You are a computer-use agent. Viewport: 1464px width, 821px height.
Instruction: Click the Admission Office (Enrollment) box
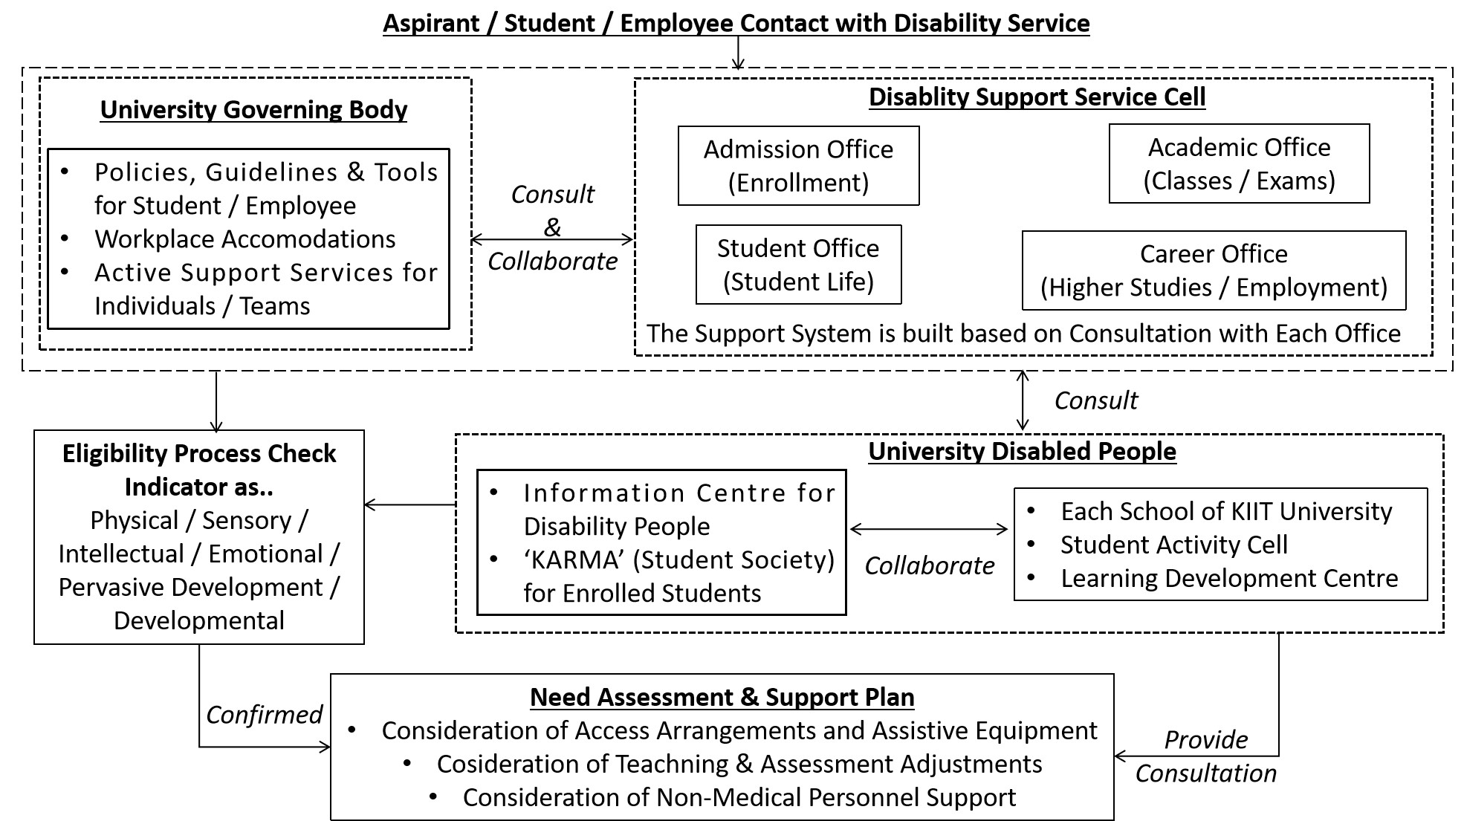[798, 166]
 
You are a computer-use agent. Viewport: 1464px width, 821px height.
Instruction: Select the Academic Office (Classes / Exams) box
[1239, 163]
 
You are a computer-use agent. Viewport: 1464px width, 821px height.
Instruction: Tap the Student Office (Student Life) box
[798, 265]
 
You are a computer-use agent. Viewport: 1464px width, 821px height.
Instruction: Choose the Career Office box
[1214, 270]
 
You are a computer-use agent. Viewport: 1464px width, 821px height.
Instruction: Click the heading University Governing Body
[253, 110]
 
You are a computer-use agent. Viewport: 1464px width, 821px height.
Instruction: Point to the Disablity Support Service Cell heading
[1037, 97]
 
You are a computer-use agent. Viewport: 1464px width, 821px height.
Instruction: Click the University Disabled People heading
[1022, 452]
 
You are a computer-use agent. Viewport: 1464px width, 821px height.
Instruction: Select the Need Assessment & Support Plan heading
[722, 698]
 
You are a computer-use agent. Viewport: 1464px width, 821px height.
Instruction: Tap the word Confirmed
[264, 715]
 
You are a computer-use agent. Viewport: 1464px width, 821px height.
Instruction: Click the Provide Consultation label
[1205, 756]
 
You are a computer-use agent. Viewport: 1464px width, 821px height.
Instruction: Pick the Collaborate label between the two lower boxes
[929, 566]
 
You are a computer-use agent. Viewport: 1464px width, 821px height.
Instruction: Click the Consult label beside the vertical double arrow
[1095, 401]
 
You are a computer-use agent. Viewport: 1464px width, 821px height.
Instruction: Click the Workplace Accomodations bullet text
[244, 239]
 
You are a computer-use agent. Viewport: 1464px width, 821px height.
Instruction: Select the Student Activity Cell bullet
[1173, 545]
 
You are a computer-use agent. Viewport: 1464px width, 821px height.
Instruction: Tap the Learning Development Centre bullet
[1228, 579]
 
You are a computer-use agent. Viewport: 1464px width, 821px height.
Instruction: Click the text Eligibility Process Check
[199, 454]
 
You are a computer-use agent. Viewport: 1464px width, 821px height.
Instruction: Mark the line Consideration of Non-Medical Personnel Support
[739, 798]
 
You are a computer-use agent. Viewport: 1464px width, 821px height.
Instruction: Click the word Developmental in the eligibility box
[199, 621]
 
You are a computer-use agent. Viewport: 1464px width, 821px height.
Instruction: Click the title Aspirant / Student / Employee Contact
[736, 24]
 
